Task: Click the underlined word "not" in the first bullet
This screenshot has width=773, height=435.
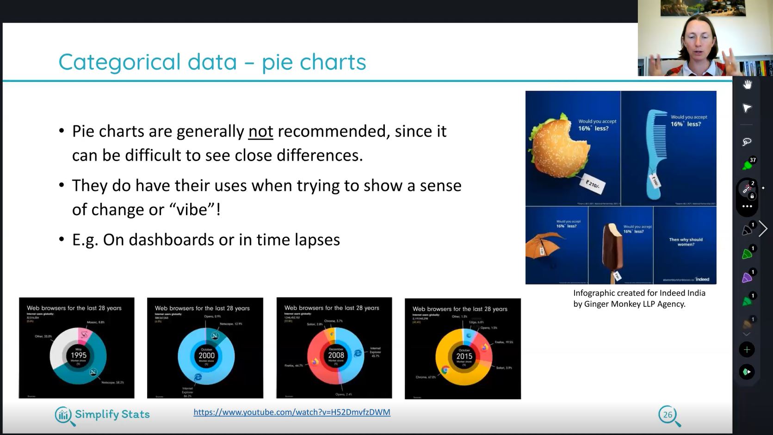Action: click(260, 131)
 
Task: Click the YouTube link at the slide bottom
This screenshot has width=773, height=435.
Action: click(291, 412)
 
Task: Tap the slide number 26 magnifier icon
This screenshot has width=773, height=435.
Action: click(668, 415)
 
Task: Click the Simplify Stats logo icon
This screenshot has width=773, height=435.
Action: click(64, 415)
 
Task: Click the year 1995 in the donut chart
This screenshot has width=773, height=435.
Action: click(78, 355)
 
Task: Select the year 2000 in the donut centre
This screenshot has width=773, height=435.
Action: click(206, 355)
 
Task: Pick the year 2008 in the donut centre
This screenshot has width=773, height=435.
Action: click(336, 355)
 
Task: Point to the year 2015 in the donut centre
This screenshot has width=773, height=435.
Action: click(464, 356)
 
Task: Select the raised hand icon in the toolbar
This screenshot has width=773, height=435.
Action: click(747, 85)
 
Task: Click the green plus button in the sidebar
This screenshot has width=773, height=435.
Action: click(747, 350)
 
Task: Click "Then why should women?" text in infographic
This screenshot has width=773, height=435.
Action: click(686, 242)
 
